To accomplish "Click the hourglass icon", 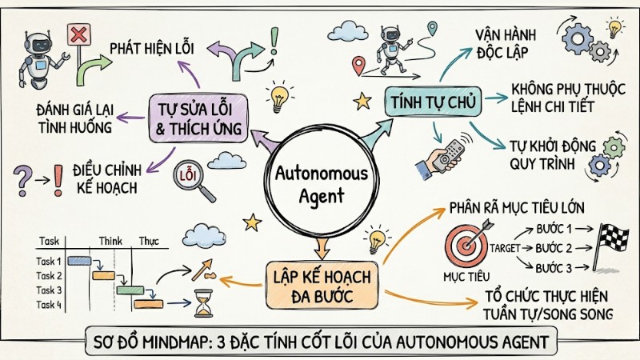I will pyautogui.click(x=202, y=303).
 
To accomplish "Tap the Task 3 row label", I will pyautogui.click(x=50, y=290).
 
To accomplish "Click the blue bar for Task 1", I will pyautogui.click(x=78, y=261).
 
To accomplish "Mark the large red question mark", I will pyautogui.click(x=24, y=175).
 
